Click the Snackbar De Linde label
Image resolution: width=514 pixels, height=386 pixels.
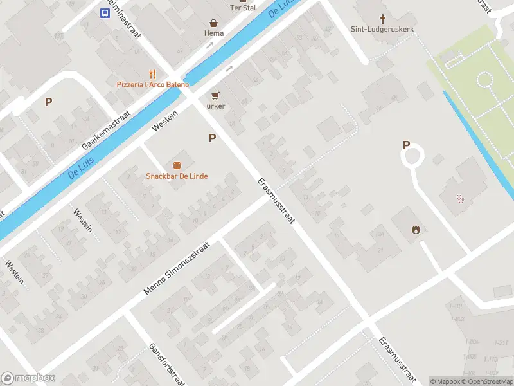click(177, 176)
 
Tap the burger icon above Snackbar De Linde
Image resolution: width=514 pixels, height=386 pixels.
click(177, 165)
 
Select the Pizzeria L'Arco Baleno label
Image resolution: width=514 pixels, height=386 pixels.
click(153, 84)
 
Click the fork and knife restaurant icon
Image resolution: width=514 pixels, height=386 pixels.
click(152, 74)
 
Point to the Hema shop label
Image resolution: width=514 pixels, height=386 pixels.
click(213, 33)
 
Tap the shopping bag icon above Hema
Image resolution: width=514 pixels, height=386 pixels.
click(213, 22)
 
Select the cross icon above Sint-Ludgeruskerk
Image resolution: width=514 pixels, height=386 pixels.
click(383, 19)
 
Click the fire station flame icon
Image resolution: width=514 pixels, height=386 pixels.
click(416, 229)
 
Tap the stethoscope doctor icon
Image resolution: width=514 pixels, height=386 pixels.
click(460, 198)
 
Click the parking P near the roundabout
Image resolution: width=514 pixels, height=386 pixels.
click(406, 145)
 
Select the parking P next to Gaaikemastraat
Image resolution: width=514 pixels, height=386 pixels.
click(48, 102)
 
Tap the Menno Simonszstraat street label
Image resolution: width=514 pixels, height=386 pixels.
click(177, 269)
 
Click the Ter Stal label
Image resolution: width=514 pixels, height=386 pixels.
click(243, 8)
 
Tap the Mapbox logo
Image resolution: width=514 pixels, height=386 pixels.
click(28, 378)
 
